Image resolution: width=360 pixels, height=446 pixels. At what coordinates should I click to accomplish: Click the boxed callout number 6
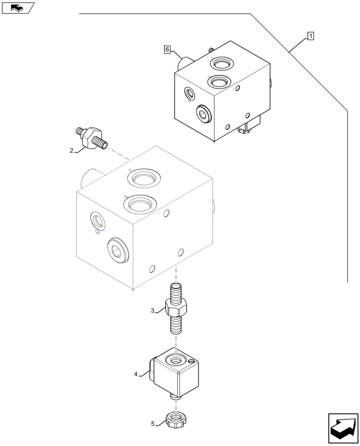coord(167,50)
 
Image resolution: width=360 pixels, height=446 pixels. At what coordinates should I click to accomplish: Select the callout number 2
coord(71,151)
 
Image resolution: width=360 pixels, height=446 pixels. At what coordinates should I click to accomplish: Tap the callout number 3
coord(152,310)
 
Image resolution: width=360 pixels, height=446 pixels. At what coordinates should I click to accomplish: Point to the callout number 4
coord(136,374)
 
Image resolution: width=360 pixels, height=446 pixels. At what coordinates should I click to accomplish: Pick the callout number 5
coord(153,424)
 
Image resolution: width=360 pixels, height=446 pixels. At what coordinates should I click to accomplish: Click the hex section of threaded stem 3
coord(176,308)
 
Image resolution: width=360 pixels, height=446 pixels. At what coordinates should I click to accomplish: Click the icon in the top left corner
coord(18,8)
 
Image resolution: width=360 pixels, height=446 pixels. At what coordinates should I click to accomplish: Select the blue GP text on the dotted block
coord(97,232)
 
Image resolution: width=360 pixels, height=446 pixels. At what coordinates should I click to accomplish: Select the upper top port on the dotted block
coord(143,178)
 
